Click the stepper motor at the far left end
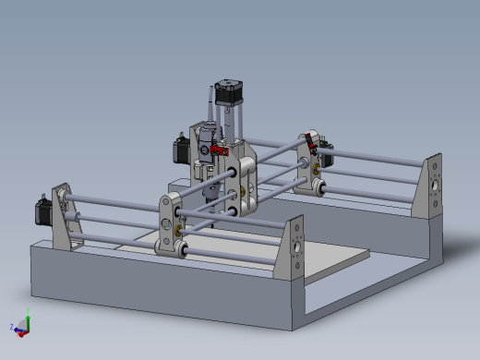point(42,211)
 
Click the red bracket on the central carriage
point(218,150)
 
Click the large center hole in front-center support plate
point(295,247)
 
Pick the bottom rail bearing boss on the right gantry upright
point(317,189)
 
